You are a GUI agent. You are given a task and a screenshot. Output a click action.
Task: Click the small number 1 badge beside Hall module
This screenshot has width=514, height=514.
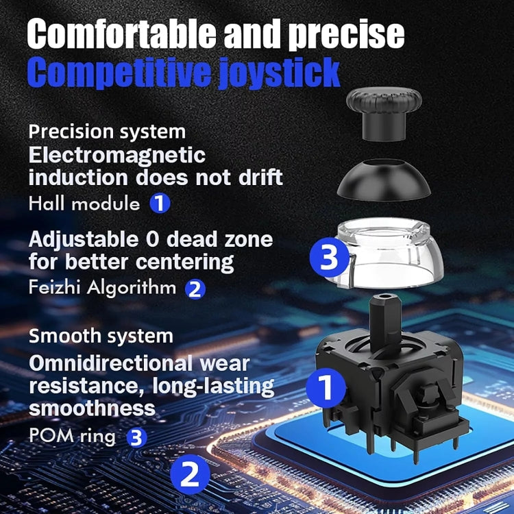pyautogui.click(x=160, y=203)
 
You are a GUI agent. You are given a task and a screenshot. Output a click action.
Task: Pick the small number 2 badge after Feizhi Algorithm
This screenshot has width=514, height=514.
pyautogui.click(x=195, y=289)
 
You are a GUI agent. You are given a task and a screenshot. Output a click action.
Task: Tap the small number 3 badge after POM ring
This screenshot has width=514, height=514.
pyautogui.click(x=137, y=437)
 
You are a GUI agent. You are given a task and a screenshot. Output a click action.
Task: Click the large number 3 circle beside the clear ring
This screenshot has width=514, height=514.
pyautogui.click(x=330, y=258)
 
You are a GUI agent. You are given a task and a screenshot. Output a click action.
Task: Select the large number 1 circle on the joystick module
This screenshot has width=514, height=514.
pyautogui.click(x=326, y=387)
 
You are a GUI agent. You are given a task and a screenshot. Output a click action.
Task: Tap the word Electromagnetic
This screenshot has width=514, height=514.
pyautogui.click(x=117, y=154)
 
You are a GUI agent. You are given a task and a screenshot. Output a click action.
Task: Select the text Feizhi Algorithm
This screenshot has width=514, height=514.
pyautogui.click(x=102, y=287)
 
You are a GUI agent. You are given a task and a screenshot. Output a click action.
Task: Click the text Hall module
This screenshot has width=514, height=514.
pyautogui.click(x=84, y=203)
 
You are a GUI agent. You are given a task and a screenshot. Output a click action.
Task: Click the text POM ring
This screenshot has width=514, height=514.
pyautogui.click(x=72, y=436)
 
